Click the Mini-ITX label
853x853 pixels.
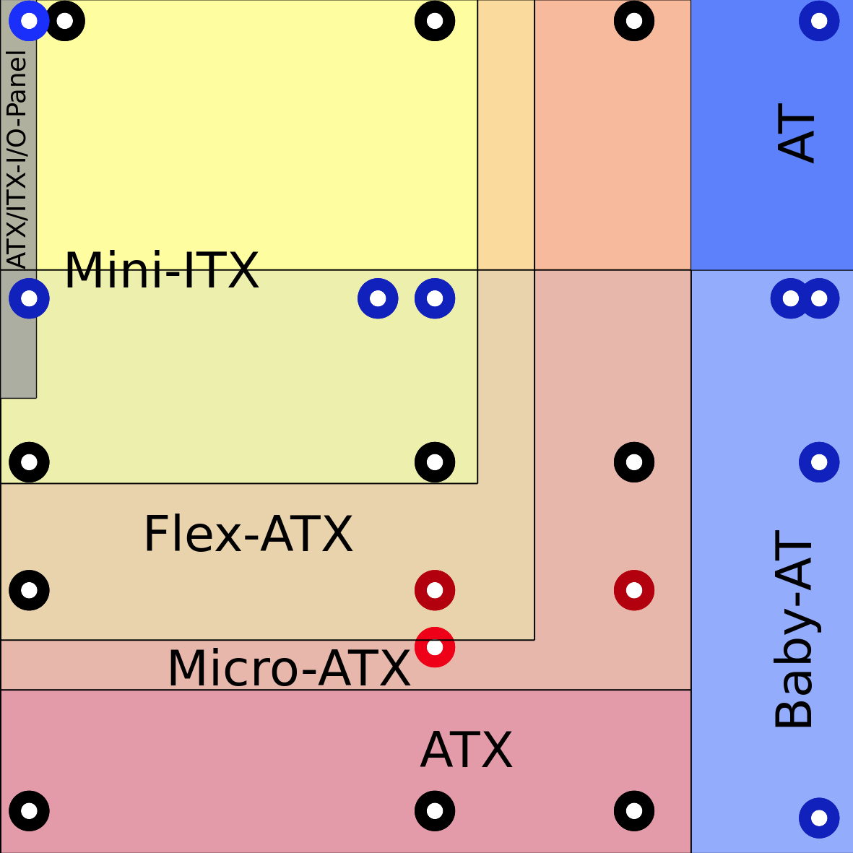click(x=162, y=271)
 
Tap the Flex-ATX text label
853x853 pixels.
click(x=248, y=534)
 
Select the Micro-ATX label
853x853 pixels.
click(x=289, y=668)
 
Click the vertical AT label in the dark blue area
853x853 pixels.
click(x=797, y=137)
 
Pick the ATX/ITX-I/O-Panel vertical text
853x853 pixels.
click(x=17, y=159)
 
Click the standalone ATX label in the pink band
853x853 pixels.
click(x=467, y=750)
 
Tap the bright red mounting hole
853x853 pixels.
click(x=435, y=647)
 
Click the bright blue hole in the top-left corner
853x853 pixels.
click(x=28, y=20)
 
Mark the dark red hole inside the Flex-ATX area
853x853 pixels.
click(x=435, y=590)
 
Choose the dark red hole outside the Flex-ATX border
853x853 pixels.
click(x=634, y=590)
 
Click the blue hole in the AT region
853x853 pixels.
click(x=819, y=20)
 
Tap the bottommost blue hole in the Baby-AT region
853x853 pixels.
click(x=819, y=818)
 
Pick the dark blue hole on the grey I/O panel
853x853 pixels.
click(x=29, y=298)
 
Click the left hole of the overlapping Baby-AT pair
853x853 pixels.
click(x=789, y=298)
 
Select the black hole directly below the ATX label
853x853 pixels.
click(x=435, y=810)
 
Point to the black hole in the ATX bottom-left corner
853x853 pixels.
click(x=29, y=810)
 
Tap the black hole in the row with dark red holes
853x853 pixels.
click(x=29, y=590)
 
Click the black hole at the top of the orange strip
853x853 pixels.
click(x=634, y=20)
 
